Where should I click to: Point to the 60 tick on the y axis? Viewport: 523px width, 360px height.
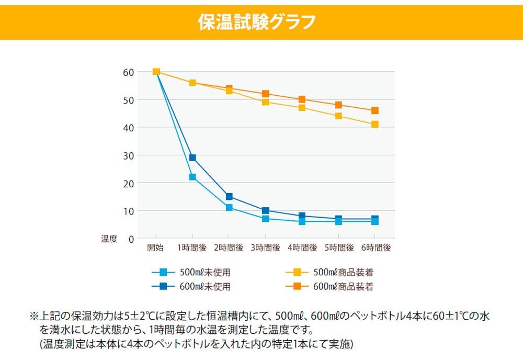point(128,72)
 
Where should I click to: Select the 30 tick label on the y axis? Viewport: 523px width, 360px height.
point(128,155)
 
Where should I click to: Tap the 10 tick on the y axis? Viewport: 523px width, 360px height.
point(128,211)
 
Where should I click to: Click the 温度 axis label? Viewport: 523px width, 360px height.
point(109,239)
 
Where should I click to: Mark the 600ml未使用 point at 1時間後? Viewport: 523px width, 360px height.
point(192,157)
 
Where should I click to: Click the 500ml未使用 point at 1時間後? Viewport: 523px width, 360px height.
point(192,177)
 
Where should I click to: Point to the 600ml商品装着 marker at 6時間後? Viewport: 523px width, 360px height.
point(375,110)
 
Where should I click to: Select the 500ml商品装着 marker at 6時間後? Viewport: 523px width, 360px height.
point(375,125)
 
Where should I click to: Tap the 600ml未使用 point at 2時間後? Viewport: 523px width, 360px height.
point(229,197)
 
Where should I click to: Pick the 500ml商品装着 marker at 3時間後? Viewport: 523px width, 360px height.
point(266,102)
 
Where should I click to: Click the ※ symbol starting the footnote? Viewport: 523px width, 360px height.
point(34,317)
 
